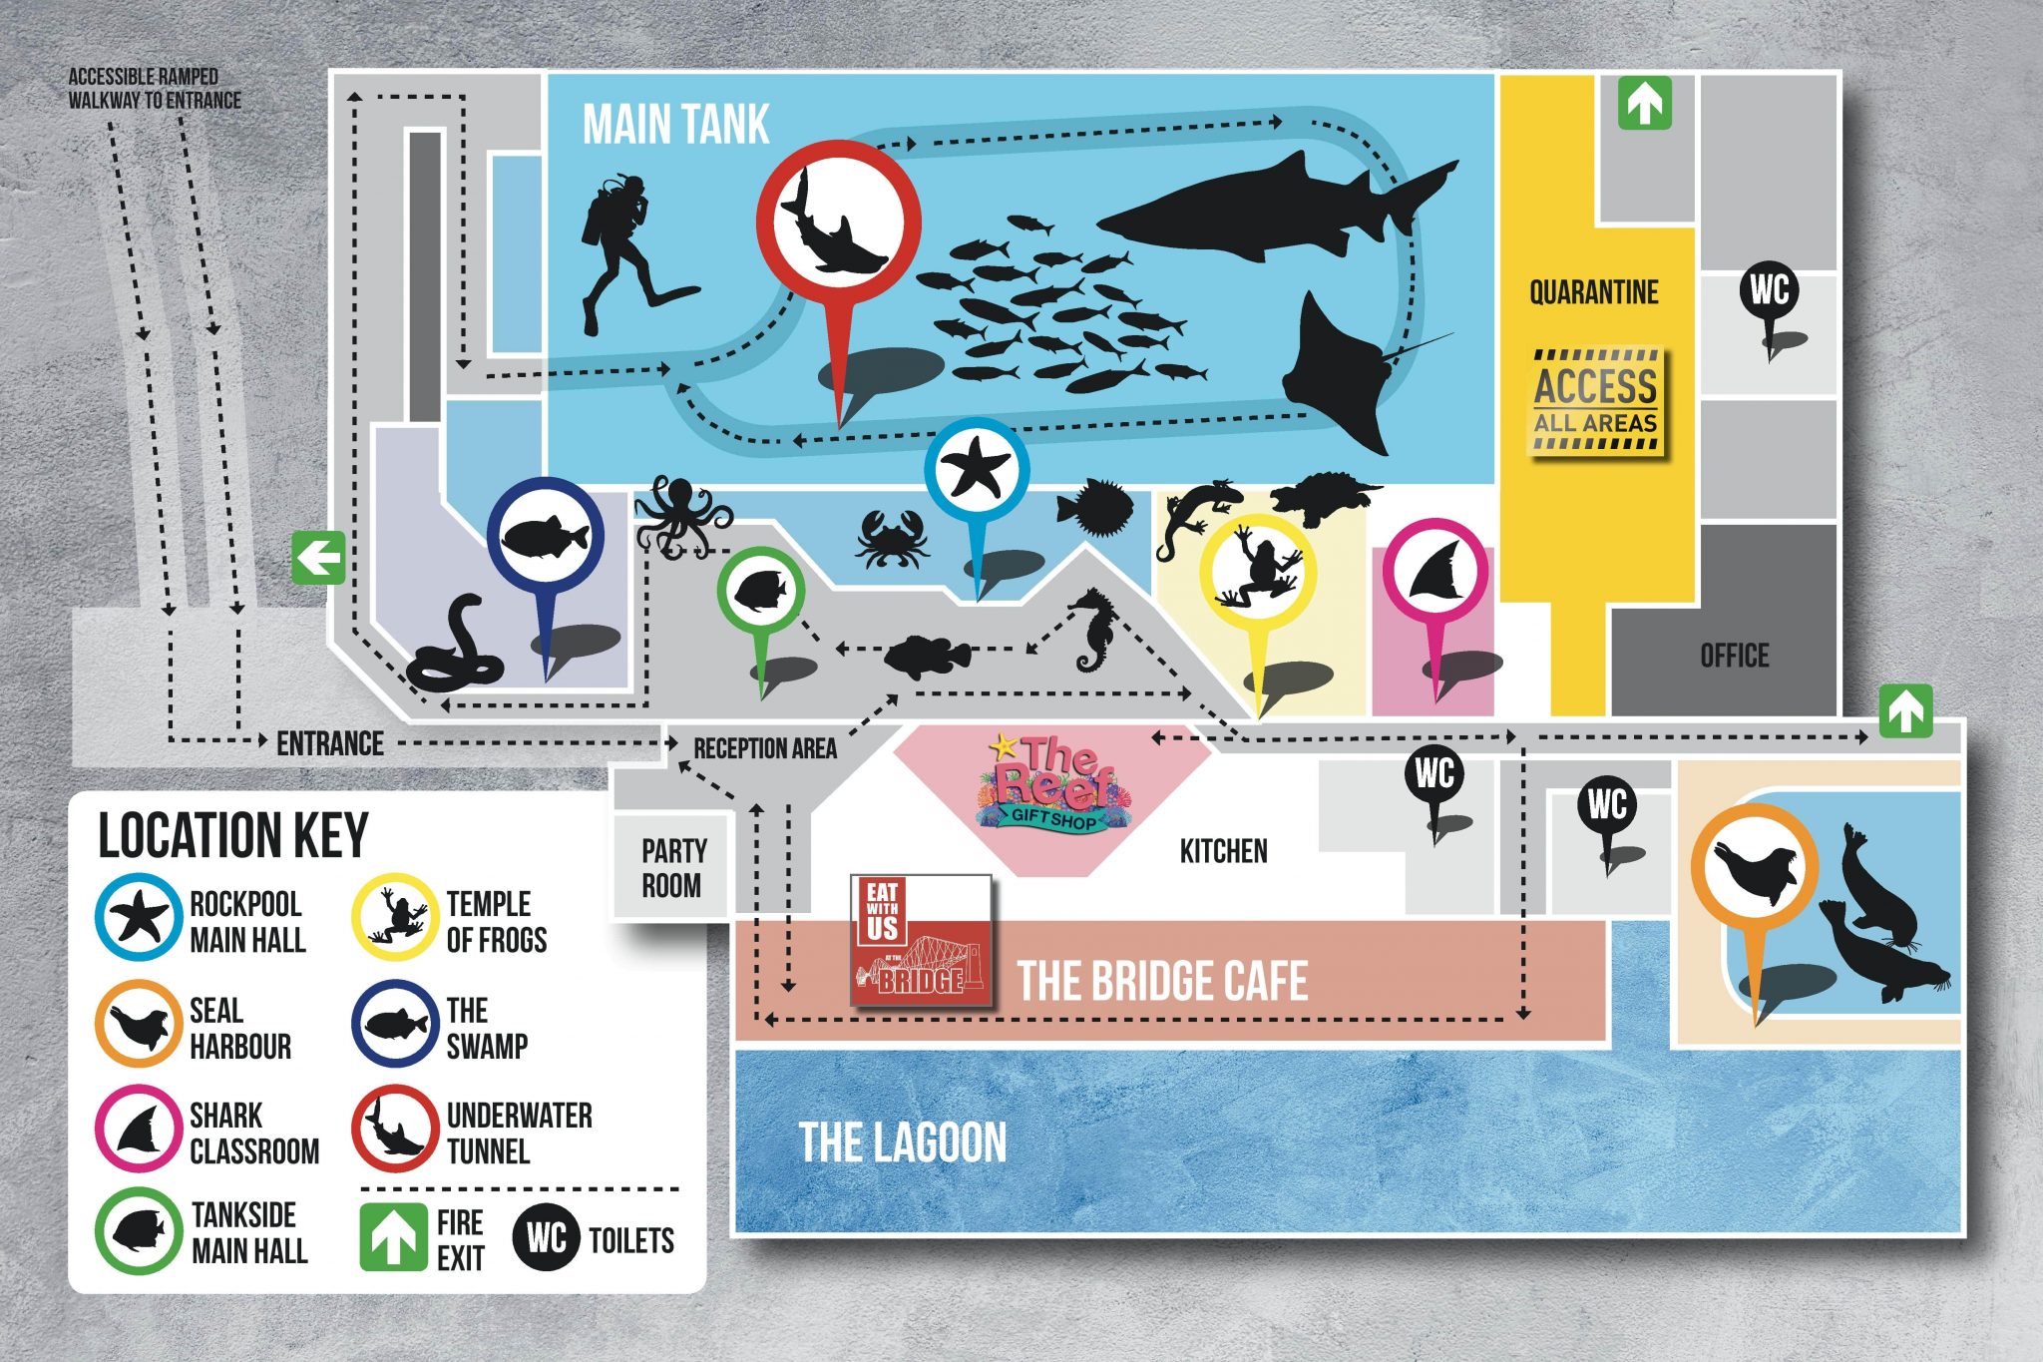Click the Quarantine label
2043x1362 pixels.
pyautogui.click(x=1593, y=292)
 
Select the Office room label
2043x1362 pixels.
pyautogui.click(x=1734, y=656)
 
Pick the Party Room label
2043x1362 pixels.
pyautogui.click(x=673, y=867)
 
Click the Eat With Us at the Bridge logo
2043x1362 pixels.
pyautogui.click(x=921, y=939)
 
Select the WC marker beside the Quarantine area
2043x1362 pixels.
pyautogui.click(x=1769, y=292)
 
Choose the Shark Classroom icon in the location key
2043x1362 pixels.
pyautogui.click(x=139, y=1129)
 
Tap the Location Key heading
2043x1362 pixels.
pyautogui.click(x=233, y=835)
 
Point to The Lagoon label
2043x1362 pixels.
pyautogui.click(x=903, y=1142)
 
